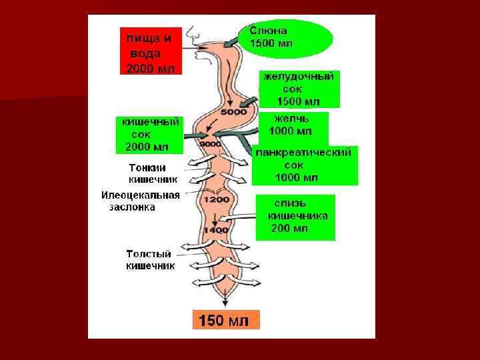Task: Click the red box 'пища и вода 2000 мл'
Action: (153, 51)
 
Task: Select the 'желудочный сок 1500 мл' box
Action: (299, 89)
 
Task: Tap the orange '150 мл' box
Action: (223, 321)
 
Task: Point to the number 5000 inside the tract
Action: (233, 112)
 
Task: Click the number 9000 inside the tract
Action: (210, 143)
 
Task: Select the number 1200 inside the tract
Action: (217, 200)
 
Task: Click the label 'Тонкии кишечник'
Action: (153, 173)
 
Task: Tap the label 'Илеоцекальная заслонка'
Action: (140, 201)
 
